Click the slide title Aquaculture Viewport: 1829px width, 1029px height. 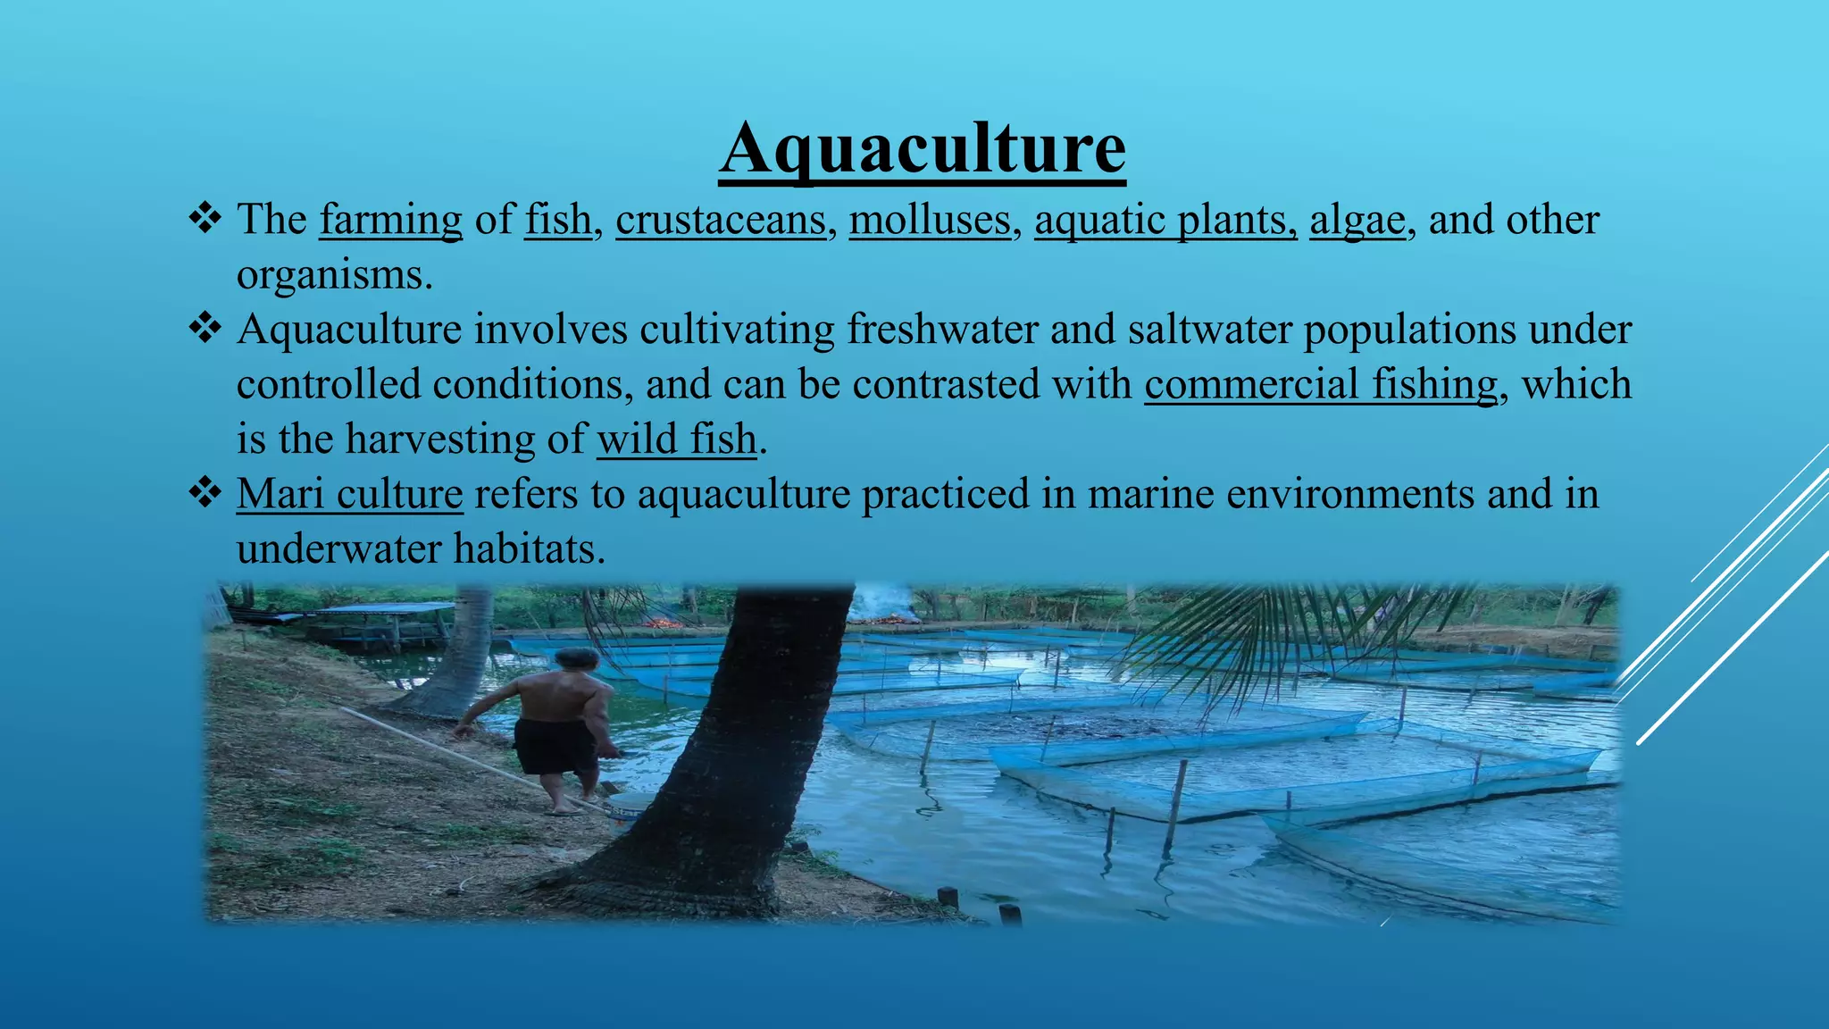coord(922,148)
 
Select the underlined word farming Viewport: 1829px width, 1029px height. coord(391,220)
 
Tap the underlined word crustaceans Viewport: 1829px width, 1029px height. coord(721,220)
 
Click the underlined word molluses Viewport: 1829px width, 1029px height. coord(930,220)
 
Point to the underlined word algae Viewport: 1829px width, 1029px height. coord(1357,220)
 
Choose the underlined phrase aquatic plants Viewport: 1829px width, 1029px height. coord(1165,220)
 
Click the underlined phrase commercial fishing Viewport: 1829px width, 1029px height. coord(1321,384)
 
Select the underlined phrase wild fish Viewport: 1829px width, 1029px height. coord(677,439)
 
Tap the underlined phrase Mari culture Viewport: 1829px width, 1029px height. coord(349,494)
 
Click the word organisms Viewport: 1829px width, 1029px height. coord(334,275)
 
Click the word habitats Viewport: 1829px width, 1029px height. coord(530,548)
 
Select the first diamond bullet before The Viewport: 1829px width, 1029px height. coord(205,218)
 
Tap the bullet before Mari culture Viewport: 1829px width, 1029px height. coord(205,492)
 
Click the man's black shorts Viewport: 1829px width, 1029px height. coord(556,746)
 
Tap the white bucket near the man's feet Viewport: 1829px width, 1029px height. coord(629,807)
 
